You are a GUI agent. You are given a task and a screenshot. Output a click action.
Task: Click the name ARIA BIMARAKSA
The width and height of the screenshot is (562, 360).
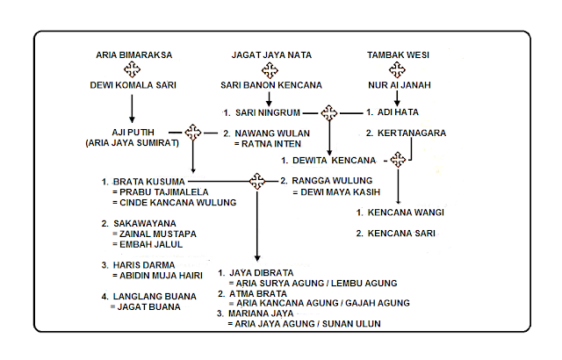pyautogui.click(x=133, y=54)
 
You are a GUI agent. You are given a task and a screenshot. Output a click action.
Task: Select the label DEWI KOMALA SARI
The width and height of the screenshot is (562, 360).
pyautogui.click(x=133, y=87)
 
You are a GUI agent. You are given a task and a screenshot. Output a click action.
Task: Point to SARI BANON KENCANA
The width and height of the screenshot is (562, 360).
pyautogui.click(x=269, y=87)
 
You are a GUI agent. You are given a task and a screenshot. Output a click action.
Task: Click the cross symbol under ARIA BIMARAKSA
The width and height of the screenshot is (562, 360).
pyautogui.click(x=133, y=70)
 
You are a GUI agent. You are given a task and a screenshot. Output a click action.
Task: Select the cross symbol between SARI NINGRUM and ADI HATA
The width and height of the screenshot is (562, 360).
pyautogui.click(x=329, y=112)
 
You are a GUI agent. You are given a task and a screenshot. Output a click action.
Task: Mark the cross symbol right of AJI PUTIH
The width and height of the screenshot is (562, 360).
pyautogui.click(x=193, y=132)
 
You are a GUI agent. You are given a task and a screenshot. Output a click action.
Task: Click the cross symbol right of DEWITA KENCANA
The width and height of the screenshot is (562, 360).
pyautogui.click(x=400, y=160)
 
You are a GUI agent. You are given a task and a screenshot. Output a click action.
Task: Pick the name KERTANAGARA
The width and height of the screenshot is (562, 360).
pyautogui.click(x=420, y=133)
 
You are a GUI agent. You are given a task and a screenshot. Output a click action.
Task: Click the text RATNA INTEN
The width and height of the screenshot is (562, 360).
pyautogui.click(x=269, y=143)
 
